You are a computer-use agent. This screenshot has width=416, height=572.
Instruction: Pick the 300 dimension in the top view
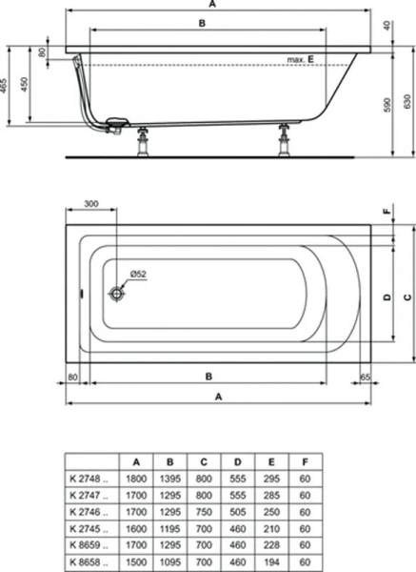pos(91,205)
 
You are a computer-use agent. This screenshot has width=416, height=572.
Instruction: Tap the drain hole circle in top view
pos(117,296)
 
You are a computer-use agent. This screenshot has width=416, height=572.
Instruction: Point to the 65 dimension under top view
pos(366,377)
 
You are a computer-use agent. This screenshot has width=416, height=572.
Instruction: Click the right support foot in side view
pos(284,139)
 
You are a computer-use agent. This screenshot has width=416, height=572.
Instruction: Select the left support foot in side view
pos(145,141)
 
